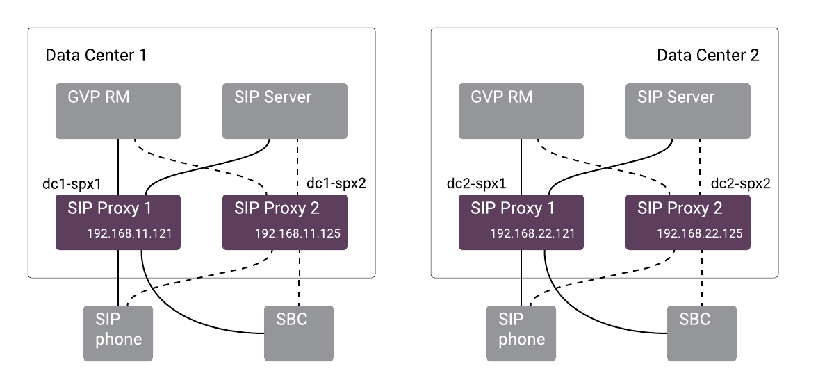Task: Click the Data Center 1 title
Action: (x=96, y=56)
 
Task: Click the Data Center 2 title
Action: (x=708, y=56)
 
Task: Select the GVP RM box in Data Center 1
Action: (x=117, y=111)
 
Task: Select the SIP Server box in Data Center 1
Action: (x=284, y=111)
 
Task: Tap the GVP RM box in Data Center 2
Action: (x=521, y=111)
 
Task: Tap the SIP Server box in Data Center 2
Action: (x=687, y=111)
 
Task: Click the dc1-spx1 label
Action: (x=72, y=184)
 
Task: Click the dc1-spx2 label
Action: (x=337, y=184)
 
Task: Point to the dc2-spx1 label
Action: (x=476, y=184)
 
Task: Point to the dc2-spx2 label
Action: (x=741, y=184)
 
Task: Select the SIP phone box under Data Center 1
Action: (x=117, y=333)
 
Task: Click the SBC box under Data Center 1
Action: (x=298, y=333)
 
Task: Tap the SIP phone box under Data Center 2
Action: (x=521, y=333)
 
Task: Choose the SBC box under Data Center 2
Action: (x=701, y=333)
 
